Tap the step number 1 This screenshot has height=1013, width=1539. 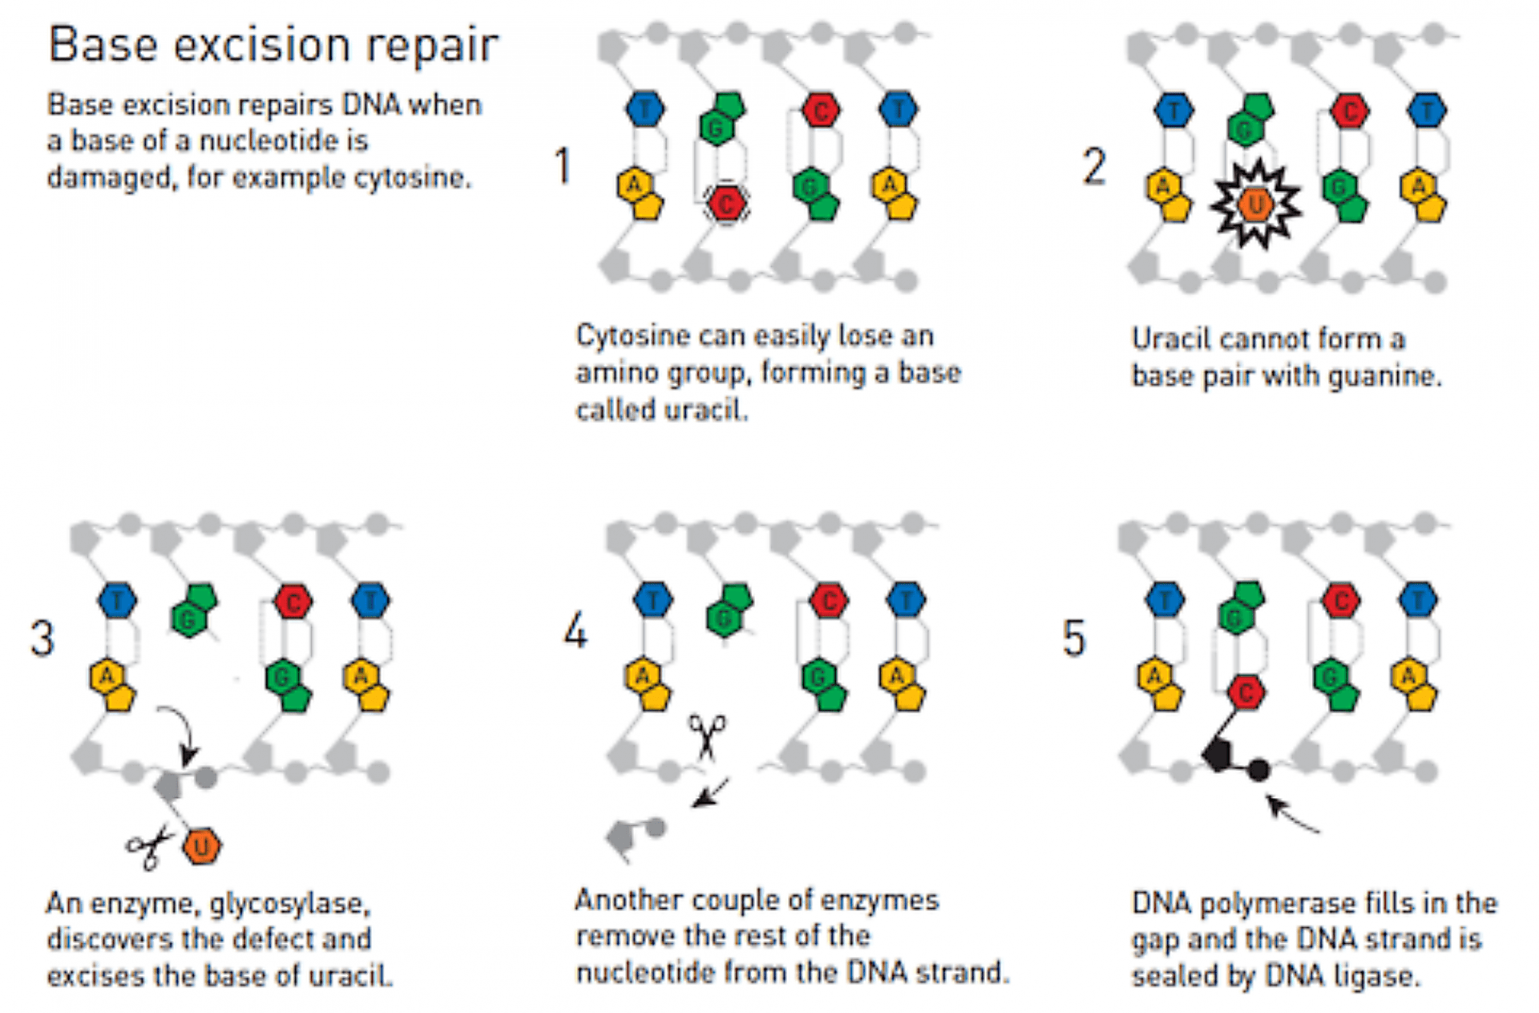click(x=563, y=166)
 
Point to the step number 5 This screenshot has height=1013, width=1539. click(x=1074, y=638)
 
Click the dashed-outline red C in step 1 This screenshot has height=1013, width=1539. click(x=726, y=205)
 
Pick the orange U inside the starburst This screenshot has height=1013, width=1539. click(x=1255, y=205)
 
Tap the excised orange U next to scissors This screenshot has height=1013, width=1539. click(x=201, y=846)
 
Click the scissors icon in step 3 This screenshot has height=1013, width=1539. click(x=149, y=847)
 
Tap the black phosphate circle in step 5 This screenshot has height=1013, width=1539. click(x=1258, y=770)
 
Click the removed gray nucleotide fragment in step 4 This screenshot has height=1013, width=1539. click(x=633, y=837)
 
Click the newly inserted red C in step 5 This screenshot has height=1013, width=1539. click(x=1246, y=692)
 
